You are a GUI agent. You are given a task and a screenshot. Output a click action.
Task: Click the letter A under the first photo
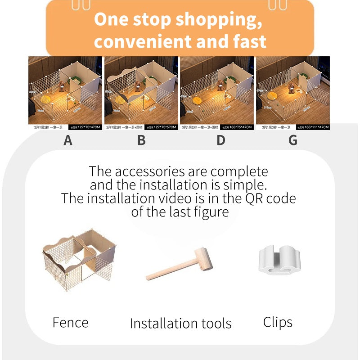pyautogui.click(x=68, y=140)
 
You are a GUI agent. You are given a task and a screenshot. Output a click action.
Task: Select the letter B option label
pyautogui.click(x=141, y=140)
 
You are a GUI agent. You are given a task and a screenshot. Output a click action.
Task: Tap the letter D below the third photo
pyautogui.click(x=220, y=140)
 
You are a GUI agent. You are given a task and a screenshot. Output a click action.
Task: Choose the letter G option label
pyautogui.click(x=293, y=140)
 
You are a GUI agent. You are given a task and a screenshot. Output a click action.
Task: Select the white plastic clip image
pyautogui.click(x=279, y=260)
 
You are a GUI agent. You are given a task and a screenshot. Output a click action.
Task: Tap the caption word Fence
pyautogui.click(x=71, y=323)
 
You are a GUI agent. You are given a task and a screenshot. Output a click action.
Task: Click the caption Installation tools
pyautogui.click(x=180, y=323)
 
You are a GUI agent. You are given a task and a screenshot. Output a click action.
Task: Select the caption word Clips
pyautogui.click(x=278, y=322)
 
